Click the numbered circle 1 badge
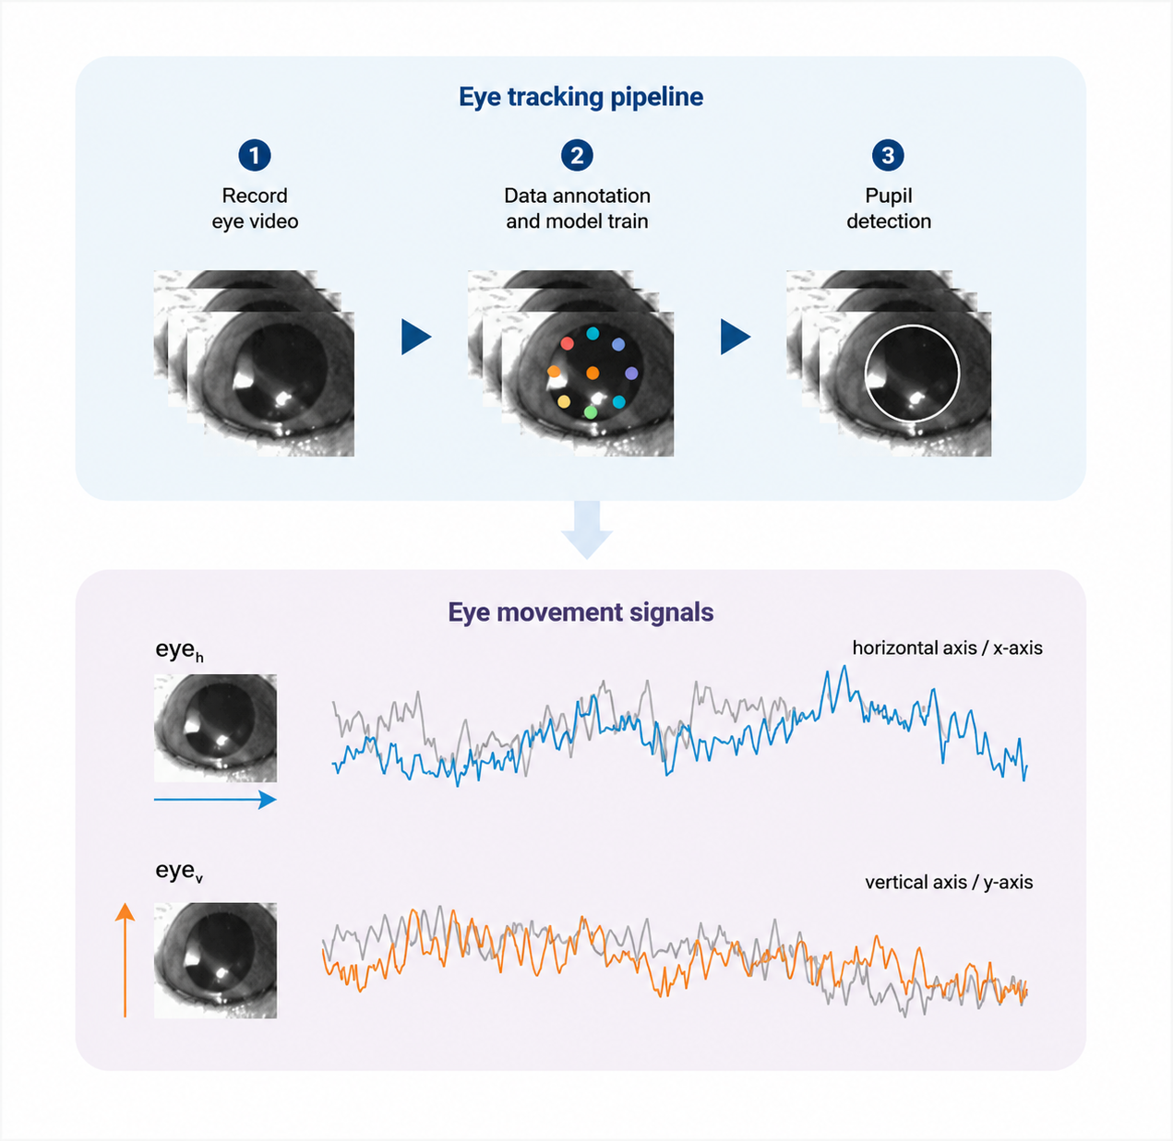tap(255, 156)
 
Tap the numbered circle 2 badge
tap(577, 156)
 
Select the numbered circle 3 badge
tap(888, 156)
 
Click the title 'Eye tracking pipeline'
tap(581, 97)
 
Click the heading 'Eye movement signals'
tap(581, 612)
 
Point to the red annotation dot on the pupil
tap(568, 343)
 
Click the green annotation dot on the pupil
tap(591, 412)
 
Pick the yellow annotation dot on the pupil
tap(564, 401)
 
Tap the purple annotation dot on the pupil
tap(631, 374)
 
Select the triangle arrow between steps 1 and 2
tap(416, 337)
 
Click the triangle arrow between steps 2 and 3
tap(736, 337)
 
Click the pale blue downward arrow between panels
tap(587, 529)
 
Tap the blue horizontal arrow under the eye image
tap(215, 800)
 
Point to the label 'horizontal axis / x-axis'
tap(948, 648)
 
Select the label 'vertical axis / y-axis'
tap(949, 883)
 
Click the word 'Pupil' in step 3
tap(889, 196)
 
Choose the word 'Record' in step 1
tap(255, 196)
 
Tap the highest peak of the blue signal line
tap(844, 666)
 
